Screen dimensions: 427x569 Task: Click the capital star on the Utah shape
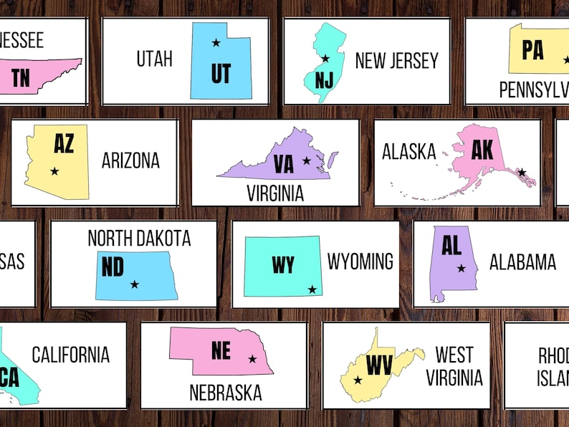(x=216, y=43)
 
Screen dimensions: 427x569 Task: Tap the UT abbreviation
(x=221, y=72)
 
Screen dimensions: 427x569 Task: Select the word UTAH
(x=154, y=59)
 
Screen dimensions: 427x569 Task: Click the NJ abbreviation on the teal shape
(x=324, y=79)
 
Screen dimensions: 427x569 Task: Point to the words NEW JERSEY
(x=396, y=61)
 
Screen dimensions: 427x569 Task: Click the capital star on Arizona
(x=54, y=171)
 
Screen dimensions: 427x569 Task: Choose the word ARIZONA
(x=130, y=160)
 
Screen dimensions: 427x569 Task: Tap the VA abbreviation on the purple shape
(x=284, y=165)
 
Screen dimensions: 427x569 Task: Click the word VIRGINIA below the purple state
(x=275, y=193)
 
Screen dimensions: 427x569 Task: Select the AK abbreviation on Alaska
(x=482, y=149)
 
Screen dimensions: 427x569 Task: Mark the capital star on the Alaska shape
(x=522, y=172)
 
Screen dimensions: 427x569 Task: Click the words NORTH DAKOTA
(x=139, y=238)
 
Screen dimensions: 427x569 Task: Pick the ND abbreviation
(x=113, y=267)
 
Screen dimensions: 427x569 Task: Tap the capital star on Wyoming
(x=312, y=289)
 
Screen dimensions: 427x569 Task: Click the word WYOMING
(x=360, y=262)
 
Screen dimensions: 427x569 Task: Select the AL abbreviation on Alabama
(x=451, y=246)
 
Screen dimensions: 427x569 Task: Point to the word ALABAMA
(x=522, y=262)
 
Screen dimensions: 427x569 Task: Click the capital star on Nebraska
(x=252, y=359)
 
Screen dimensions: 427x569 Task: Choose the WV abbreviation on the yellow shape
(x=378, y=365)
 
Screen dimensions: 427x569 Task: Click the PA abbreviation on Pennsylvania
(x=532, y=50)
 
